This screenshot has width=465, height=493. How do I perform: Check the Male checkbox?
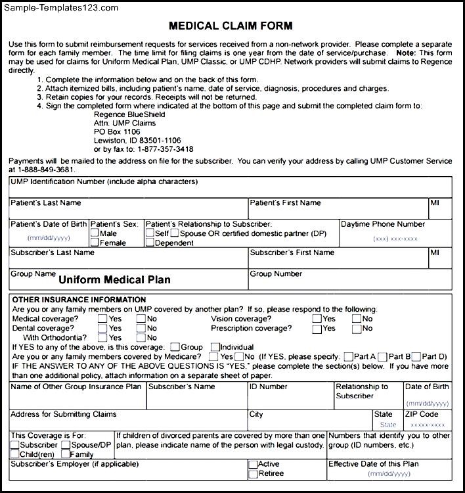(95, 233)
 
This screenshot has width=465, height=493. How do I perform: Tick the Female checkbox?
(95, 243)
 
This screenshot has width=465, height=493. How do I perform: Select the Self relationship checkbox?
(150, 233)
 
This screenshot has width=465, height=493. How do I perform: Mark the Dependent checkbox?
(150, 243)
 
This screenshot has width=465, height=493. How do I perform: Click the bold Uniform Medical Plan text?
(114, 279)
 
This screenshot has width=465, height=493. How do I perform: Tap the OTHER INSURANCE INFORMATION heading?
(79, 300)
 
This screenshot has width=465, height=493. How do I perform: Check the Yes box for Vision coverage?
(317, 319)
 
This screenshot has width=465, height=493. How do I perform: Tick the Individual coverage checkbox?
(215, 347)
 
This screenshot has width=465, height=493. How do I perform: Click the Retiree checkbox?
(253, 473)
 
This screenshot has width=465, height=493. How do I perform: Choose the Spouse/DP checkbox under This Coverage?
(66, 445)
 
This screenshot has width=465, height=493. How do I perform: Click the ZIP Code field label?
(420, 415)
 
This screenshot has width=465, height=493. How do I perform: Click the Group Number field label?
(276, 274)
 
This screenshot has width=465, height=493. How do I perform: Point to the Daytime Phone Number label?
(383, 224)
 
